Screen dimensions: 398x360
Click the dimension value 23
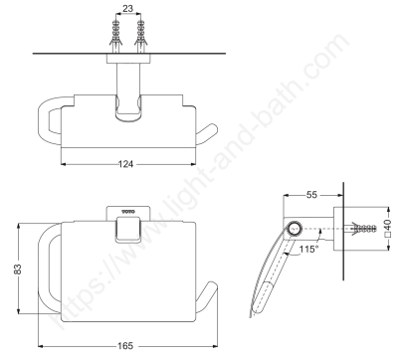(x=127, y=8)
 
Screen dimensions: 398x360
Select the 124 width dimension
(x=125, y=164)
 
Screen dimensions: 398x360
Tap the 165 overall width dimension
(x=125, y=346)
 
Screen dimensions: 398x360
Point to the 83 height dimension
(x=18, y=269)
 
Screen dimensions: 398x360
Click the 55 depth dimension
(x=311, y=195)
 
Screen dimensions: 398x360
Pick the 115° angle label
(x=308, y=249)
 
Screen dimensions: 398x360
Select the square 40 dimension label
(x=388, y=229)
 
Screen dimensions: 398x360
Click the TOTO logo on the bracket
(x=128, y=212)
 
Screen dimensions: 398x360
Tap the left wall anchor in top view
(x=115, y=37)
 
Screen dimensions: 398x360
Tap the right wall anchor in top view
(x=140, y=37)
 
